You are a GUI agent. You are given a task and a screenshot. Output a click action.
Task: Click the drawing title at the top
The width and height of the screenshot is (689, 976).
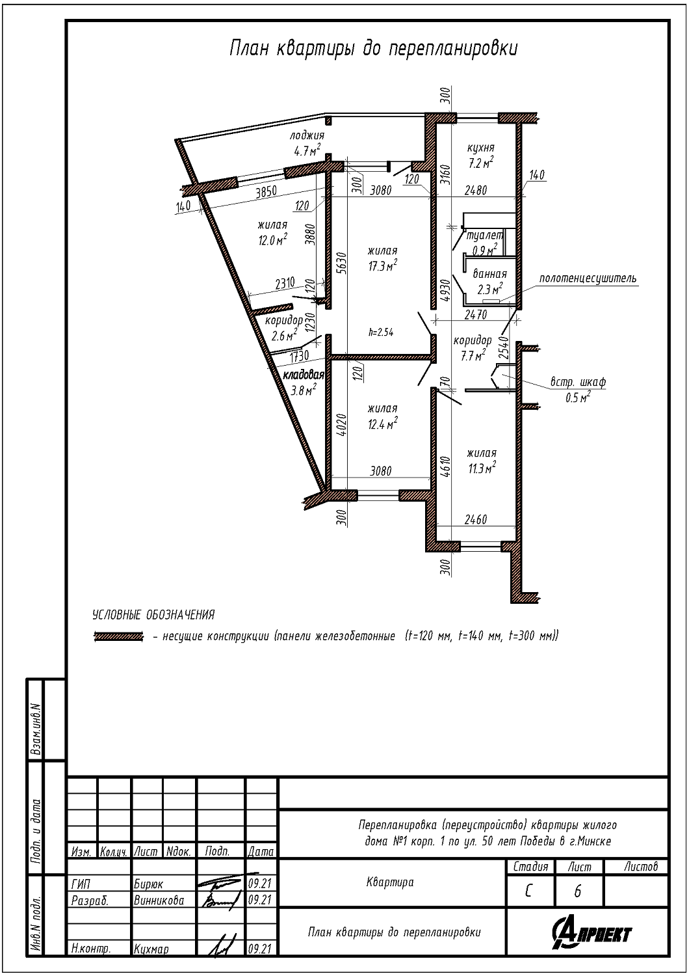[374, 49]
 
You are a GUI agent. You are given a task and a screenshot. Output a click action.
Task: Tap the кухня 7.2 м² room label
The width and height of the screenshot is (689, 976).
[480, 155]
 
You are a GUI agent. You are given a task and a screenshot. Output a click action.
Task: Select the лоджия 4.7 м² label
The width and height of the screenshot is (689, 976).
[307, 143]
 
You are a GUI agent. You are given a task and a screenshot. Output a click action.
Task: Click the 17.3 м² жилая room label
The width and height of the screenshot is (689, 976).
[383, 259]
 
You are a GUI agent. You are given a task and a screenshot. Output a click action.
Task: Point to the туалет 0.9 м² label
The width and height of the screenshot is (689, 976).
[484, 243]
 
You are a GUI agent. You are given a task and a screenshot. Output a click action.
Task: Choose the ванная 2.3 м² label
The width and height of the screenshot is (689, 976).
[489, 282]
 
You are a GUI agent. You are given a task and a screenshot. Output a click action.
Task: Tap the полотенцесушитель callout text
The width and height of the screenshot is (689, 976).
[588, 278]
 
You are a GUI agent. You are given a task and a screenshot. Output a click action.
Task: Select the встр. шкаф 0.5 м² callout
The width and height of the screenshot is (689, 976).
[578, 390]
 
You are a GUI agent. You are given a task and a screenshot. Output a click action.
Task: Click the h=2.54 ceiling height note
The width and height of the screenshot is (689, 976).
[381, 332]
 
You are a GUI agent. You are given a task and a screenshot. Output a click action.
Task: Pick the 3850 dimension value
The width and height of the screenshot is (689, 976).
[266, 192]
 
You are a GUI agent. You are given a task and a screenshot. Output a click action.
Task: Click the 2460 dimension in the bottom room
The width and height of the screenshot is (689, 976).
[476, 519]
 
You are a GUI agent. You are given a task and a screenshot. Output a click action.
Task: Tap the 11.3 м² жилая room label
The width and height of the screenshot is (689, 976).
[482, 461]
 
